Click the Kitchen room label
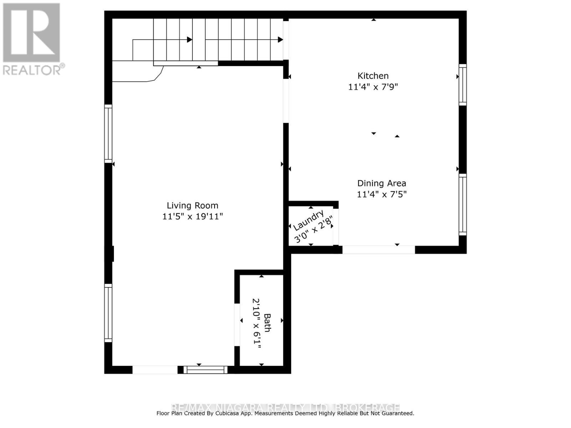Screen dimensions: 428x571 point(373,76)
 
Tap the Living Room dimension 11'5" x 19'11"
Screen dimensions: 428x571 point(193,216)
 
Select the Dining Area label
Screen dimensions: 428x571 point(381,183)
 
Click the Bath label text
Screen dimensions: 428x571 point(267,322)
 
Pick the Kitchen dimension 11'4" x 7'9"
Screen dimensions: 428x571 point(373,87)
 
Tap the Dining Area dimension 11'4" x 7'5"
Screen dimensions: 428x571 point(381,194)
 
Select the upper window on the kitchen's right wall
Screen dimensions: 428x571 point(463,85)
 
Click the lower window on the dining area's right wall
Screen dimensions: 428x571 point(463,204)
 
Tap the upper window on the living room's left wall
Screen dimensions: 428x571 point(108,134)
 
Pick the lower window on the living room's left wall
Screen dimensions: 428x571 point(108,313)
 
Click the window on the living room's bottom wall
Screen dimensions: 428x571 point(206,370)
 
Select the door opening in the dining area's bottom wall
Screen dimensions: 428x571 point(379,250)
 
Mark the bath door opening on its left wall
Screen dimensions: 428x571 point(237,325)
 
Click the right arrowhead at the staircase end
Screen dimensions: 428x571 point(281,40)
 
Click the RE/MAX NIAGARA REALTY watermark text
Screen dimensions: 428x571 point(285,407)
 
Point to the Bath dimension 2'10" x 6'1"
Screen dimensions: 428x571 point(257,323)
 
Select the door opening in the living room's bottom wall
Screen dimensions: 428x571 point(155,370)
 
